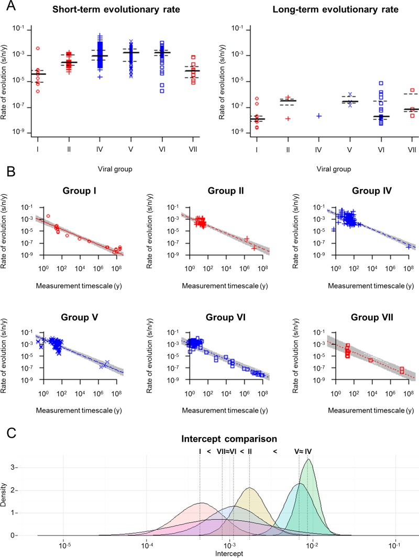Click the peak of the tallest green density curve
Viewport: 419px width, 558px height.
(x=309, y=460)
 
